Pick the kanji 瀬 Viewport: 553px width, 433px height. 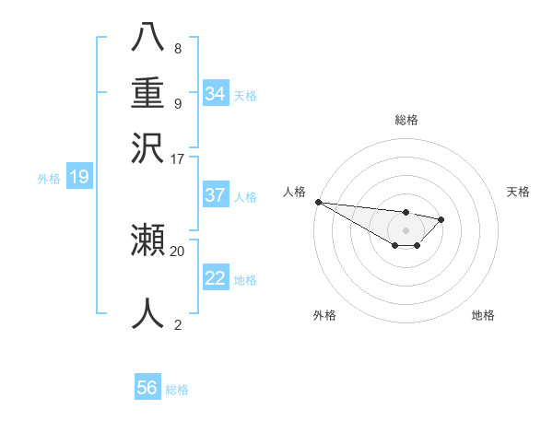147,240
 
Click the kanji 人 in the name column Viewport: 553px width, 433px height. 147,312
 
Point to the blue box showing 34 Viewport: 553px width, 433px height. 216,94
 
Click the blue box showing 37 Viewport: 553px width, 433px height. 216,195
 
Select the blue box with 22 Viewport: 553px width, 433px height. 216,278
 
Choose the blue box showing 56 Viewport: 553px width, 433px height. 147,388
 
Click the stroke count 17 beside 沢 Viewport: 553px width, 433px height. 178,158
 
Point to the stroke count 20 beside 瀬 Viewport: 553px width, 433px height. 178,250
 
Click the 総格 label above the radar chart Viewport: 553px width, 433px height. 406,120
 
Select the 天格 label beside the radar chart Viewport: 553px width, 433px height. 518,192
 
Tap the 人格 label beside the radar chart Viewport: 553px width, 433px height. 295,192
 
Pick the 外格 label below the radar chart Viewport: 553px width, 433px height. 324,315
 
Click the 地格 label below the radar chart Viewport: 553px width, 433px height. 483,315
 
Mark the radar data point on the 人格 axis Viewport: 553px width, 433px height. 318,202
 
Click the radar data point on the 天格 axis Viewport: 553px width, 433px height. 442,219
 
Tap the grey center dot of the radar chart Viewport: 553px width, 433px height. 406,230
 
